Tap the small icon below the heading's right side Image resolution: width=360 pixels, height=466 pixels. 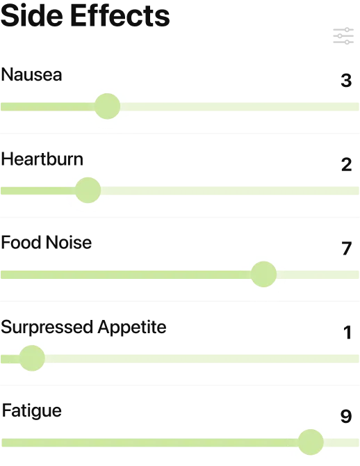click(x=341, y=35)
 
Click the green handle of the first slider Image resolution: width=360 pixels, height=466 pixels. click(x=107, y=106)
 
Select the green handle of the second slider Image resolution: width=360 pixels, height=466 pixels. click(x=88, y=190)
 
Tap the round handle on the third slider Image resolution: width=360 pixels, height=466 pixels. click(x=263, y=273)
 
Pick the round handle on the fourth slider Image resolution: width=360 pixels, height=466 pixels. click(x=32, y=358)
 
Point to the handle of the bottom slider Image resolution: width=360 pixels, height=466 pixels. click(x=311, y=442)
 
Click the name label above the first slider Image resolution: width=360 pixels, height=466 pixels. click(x=33, y=75)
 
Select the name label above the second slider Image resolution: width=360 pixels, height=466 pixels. click(x=42, y=159)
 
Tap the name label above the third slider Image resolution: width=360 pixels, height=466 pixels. click(x=47, y=243)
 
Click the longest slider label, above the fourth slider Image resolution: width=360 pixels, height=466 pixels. click(x=83, y=326)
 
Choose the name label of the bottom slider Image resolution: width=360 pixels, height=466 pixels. click(x=33, y=410)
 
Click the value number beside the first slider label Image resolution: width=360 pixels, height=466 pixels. click(x=347, y=80)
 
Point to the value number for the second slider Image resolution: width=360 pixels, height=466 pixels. click(x=347, y=164)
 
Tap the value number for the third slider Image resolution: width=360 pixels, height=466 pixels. click(x=347, y=248)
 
